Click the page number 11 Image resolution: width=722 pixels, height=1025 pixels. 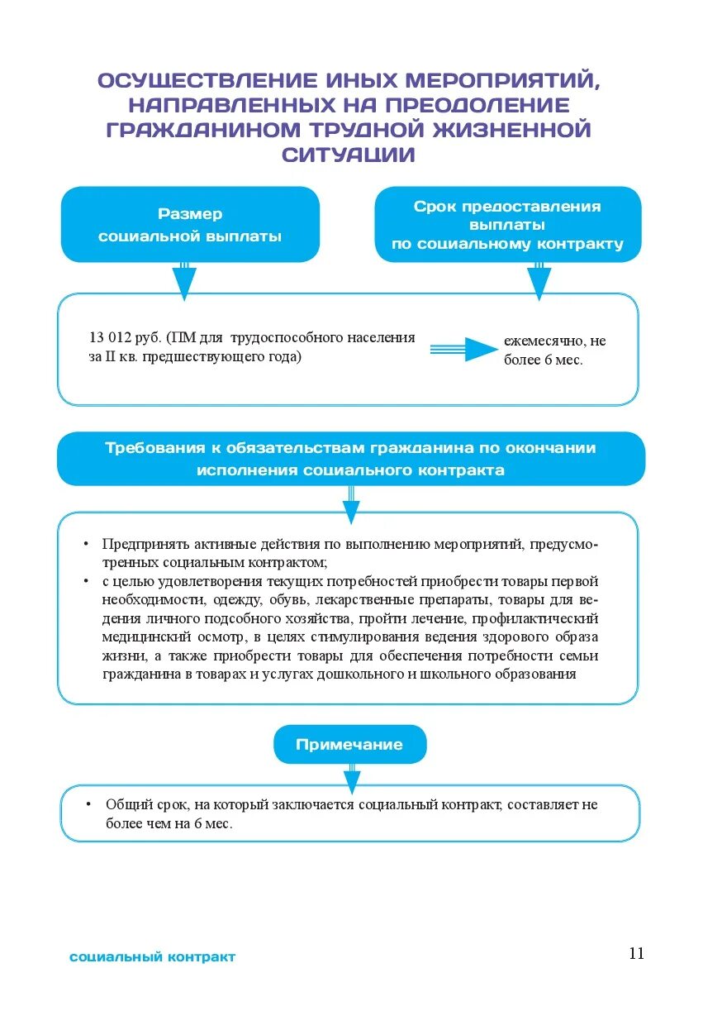635,953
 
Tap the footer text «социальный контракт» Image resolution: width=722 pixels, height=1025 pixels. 153,957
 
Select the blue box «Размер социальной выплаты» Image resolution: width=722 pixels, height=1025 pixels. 190,225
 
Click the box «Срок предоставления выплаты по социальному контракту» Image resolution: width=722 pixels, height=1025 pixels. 507,225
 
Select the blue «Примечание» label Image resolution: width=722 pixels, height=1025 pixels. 349,744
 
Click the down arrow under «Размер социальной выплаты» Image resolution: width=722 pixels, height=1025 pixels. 184,282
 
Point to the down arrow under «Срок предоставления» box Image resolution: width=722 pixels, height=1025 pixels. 539,282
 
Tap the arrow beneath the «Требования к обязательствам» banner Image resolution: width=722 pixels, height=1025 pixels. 351,505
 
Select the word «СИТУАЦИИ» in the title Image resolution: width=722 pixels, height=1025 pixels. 348,155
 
